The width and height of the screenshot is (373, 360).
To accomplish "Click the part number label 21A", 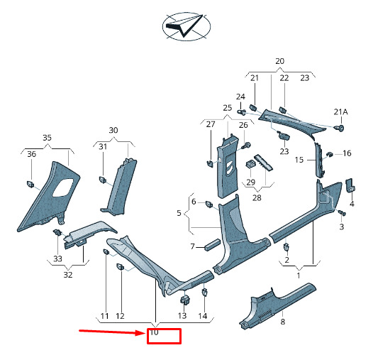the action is click(340, 112).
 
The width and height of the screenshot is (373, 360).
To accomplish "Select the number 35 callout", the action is click(47, 138).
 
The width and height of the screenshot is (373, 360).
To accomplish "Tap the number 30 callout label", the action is click(113, 131).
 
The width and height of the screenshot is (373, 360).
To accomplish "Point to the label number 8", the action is click(283, 322).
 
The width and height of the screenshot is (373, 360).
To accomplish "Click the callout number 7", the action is click(192, 246).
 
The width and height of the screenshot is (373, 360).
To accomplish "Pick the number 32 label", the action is click(68, 275).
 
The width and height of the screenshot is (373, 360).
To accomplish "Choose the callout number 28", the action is click(257, 197).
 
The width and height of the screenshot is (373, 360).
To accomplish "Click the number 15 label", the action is click(299, 160).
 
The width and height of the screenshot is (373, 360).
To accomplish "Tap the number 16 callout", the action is click(347, 153).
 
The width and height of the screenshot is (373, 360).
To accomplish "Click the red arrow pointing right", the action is click(111, 332).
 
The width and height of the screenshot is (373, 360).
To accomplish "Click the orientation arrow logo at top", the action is click(186, 26).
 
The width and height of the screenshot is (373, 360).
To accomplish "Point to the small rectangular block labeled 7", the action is click(213, 245).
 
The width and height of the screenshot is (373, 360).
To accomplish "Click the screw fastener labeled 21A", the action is click(340, 128).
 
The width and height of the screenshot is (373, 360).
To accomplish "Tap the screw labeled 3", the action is click(342, 212).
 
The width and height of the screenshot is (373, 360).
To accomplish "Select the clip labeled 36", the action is click(30, 184).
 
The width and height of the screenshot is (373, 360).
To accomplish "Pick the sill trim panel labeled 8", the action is click(277, 305).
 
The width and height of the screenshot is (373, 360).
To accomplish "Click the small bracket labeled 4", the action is click(350, 185).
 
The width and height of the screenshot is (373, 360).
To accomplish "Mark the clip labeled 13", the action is click(185, 300).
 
